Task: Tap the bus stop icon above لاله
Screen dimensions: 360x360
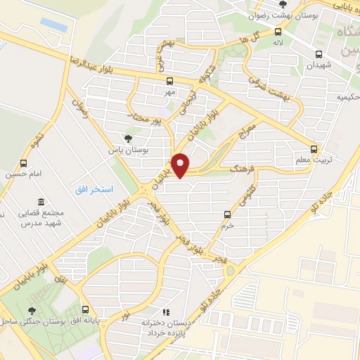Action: click(x=278, y=31)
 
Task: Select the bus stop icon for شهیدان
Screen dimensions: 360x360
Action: click(x=319, y=54)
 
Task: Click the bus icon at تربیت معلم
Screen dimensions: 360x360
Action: click(x=314, y=149)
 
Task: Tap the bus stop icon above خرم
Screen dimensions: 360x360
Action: click(x=226, y=214)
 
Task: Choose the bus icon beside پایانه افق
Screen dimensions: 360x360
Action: click(x=86, y=309)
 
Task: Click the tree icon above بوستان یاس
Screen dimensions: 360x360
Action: click(x=127, y=139)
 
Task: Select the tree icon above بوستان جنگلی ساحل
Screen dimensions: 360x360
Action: click(x=32, y=310)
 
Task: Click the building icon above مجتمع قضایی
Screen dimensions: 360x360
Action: click(x=40, y=202)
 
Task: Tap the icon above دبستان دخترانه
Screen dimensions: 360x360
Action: click(x=166, y=311)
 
